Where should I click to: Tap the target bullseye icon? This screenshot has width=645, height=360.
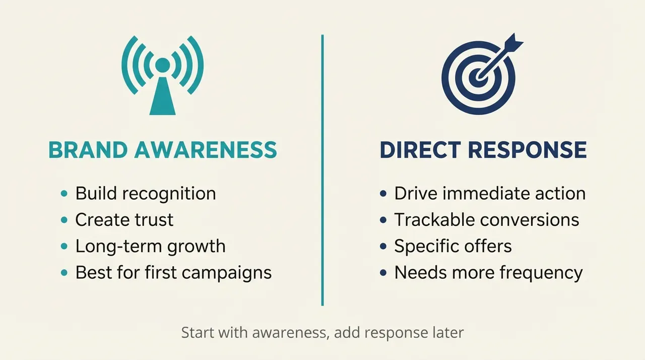click(x=479, y=77)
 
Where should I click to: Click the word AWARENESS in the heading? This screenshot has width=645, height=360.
click(x=206, y=150)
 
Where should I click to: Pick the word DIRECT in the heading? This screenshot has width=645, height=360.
click(x=420, y=150)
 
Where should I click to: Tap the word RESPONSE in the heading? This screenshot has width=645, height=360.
click(x=528, y=150)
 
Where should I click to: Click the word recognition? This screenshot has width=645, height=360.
click(x=169, y=194)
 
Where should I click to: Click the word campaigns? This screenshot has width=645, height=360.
click(x=227, y=273)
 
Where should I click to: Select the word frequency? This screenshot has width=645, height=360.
click(x=541, y=273)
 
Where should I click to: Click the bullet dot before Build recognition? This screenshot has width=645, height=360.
click(x=64, y=193)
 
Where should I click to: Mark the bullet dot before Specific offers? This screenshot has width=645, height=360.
click(x=383, y=246)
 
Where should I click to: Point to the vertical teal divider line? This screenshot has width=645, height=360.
click(x=322, y=170)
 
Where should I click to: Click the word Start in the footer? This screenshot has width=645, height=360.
click(x=199, y=332)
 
